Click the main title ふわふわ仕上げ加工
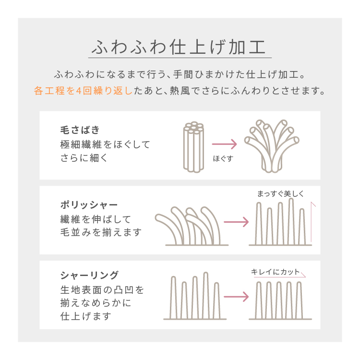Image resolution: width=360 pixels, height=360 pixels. [x=179, y=47]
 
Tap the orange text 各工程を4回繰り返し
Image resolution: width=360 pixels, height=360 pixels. [x=83, y=91]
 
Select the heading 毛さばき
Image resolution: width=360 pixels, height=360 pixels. [x=80, y=130]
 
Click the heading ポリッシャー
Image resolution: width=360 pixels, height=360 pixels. [x=89, y=204]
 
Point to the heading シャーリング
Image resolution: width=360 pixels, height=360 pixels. [x=90, y=275]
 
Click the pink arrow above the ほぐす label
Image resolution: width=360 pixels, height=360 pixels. [x=224, y=144]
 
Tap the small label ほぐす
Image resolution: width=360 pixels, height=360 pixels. [x=223, y=158]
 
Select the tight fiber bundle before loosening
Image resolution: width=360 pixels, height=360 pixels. [x=193, y=147]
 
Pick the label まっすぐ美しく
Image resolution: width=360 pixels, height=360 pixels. [x=281, y=194]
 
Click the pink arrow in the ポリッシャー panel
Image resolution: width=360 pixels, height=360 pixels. [x=236, y=222]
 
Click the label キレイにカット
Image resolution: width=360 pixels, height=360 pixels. [x=276, y=272]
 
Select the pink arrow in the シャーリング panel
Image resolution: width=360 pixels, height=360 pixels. [x=236, y=297]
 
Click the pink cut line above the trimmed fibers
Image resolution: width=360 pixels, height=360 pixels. [x=280, y=277]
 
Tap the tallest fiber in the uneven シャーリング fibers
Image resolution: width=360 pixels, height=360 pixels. [x=206, y=295]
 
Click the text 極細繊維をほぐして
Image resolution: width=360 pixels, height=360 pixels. [x=105, y=144]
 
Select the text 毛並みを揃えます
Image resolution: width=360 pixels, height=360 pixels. [x=101, y=232]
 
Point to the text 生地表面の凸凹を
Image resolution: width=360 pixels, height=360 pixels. [x=102, y=290]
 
